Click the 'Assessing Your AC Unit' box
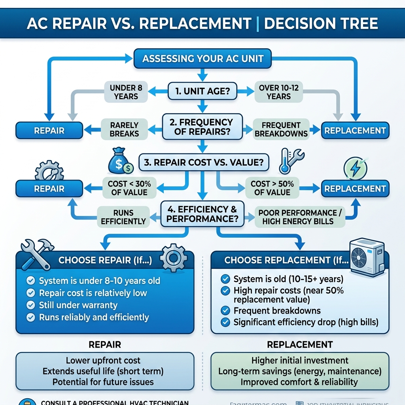(x=202, y=59)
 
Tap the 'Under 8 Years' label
(x=126, y=92)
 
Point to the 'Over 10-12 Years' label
(x=279, y=92)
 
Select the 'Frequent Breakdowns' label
(x=281, y=129)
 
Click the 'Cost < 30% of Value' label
(x=127, y=188)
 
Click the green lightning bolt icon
(x=355, y=168)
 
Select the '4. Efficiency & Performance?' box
(x=202, y=214)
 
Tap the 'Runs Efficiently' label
(x=123, y=217)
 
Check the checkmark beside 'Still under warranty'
(x=30, y=305)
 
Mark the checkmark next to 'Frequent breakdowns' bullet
(x=225, y=310)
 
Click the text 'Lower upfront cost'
(x=103, y=360)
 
